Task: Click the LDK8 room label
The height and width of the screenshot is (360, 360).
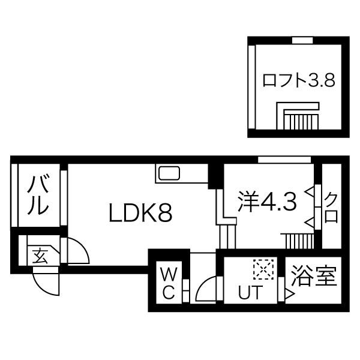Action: click(x=140, y=213)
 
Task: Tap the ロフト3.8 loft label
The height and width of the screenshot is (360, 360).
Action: click(x=298, y=80)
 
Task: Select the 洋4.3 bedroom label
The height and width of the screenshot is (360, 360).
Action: click(x=267, y=202)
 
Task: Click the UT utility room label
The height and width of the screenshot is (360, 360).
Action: click(x=250, y=292)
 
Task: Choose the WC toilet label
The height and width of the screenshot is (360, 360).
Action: click(x=169, y=284)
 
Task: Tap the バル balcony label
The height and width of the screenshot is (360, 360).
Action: click(x=38, y=195)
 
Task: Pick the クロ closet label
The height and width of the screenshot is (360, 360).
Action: click(x=331, y=208)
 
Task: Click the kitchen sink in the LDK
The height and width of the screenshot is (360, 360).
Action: click(x=169, y=173)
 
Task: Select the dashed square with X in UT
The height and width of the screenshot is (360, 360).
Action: click(x=263, y=269)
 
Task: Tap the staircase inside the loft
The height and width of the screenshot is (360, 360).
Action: click(x=298, y=116)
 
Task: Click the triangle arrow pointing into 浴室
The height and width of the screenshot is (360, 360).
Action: click(x=290, y=294)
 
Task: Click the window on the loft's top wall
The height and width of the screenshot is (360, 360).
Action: click(x=302, y=40)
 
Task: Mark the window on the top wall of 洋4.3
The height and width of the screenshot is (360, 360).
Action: click(x=284, y=160)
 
